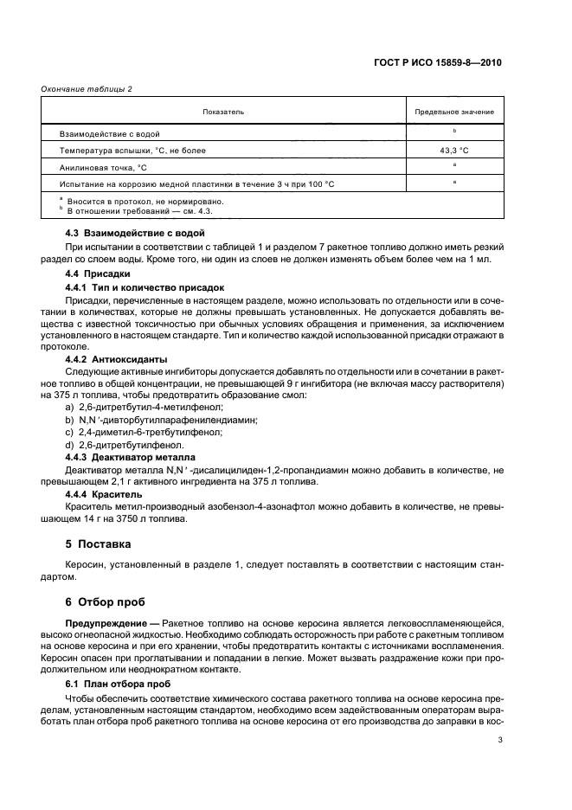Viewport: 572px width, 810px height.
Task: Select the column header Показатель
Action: coord(223,112)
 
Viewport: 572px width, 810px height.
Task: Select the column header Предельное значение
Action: coord(453,112)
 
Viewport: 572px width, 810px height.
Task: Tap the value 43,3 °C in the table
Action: coord(453,150)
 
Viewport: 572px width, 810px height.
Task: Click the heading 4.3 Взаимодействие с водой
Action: coord(135,234)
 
